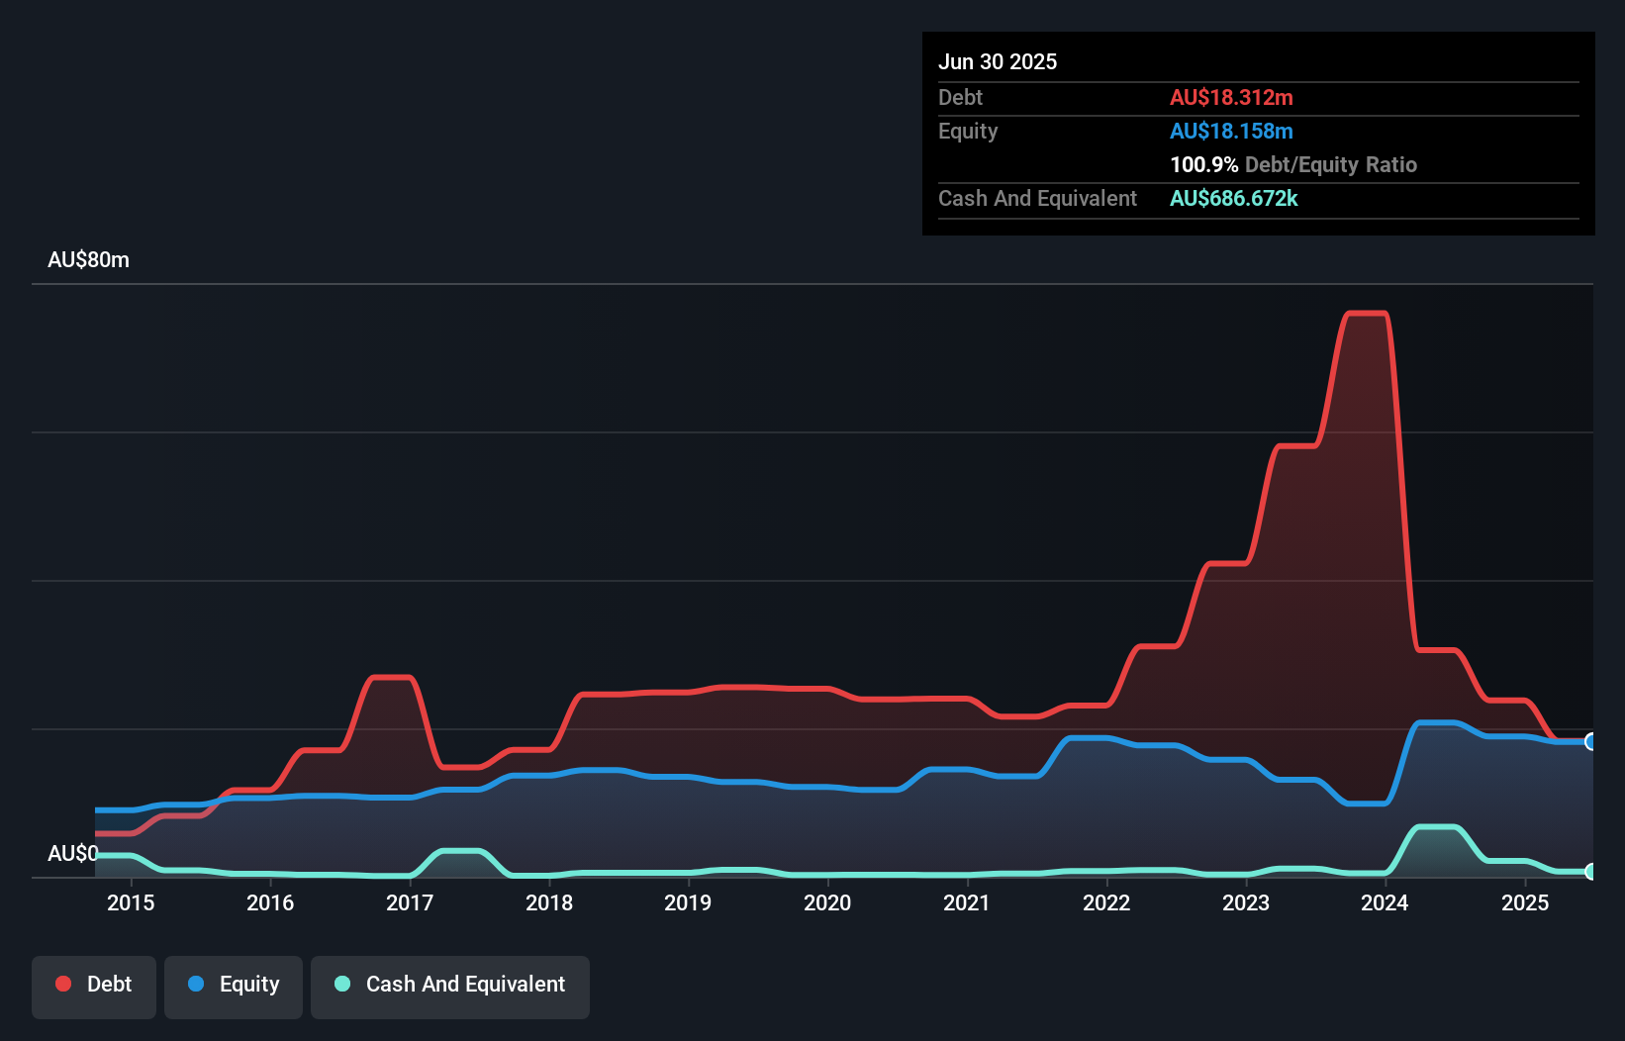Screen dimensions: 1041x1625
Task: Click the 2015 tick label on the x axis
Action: coord(131,902)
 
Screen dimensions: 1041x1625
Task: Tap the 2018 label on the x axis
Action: coord(549,902)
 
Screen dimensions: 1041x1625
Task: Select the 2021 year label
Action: coord(967,902)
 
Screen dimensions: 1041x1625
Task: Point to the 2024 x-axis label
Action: coord(1385,902)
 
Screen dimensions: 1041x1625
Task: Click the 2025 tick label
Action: coord(1525,902)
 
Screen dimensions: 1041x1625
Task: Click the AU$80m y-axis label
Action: coord(88,259)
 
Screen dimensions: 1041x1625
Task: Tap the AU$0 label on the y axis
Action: coord(72,853)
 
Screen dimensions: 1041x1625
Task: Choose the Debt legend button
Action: coord(94,985)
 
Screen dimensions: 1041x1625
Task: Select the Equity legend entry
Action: coord(234,985)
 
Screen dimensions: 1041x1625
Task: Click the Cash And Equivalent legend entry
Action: coord(450,985)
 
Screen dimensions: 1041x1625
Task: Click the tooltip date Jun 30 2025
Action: coord(998,61)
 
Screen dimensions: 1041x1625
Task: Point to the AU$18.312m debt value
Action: coord(1231,97)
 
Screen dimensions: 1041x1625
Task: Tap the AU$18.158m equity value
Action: coord(1231,131)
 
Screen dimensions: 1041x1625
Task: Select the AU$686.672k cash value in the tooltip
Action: coord(1233,198)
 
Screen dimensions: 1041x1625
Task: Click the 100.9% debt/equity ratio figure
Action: coord(1203,164)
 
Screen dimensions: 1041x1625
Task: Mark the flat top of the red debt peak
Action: coord(1367,314)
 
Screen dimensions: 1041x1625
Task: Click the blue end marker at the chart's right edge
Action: coord(1591,741)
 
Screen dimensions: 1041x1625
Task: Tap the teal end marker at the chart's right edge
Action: coord(1591,872)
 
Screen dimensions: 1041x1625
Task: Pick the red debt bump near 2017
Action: coord(390,677)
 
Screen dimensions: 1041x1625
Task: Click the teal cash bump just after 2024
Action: coord(1436,826)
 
